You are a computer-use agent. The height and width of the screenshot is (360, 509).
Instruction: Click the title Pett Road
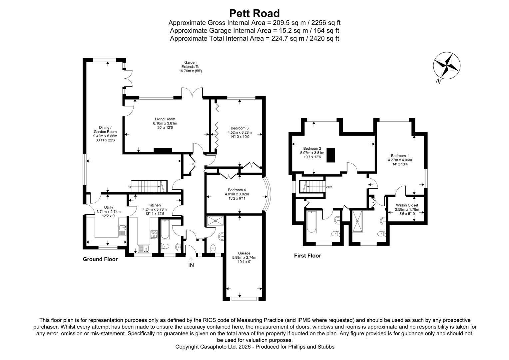[254, 13]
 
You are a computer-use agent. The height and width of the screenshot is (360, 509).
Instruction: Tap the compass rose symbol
[447, 65]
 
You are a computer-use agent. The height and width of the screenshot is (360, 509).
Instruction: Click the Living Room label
[165, 119]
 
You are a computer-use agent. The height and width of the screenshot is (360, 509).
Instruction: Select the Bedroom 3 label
[240, 128]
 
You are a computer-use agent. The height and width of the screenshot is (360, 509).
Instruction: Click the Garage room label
[244, 253]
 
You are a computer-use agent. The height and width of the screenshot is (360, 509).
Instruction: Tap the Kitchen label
[155, 205]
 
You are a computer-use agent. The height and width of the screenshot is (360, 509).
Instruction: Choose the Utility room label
[108, 208]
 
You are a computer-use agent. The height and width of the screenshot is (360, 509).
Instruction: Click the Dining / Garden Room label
[105, 127]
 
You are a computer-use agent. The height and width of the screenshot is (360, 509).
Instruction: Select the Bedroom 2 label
[312, 149]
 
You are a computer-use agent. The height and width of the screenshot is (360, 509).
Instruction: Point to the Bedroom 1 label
[400, 156]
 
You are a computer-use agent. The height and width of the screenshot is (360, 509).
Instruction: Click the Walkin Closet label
[407, 205]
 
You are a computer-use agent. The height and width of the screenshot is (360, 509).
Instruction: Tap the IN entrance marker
[191, 265]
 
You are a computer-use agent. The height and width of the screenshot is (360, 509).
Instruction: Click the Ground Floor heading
[100, 259]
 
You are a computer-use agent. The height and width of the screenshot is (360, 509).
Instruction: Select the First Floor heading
[307, 256]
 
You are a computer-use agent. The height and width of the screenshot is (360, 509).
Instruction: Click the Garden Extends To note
[190, 67]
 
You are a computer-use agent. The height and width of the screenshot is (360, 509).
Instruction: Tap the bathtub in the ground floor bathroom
[165, 230]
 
